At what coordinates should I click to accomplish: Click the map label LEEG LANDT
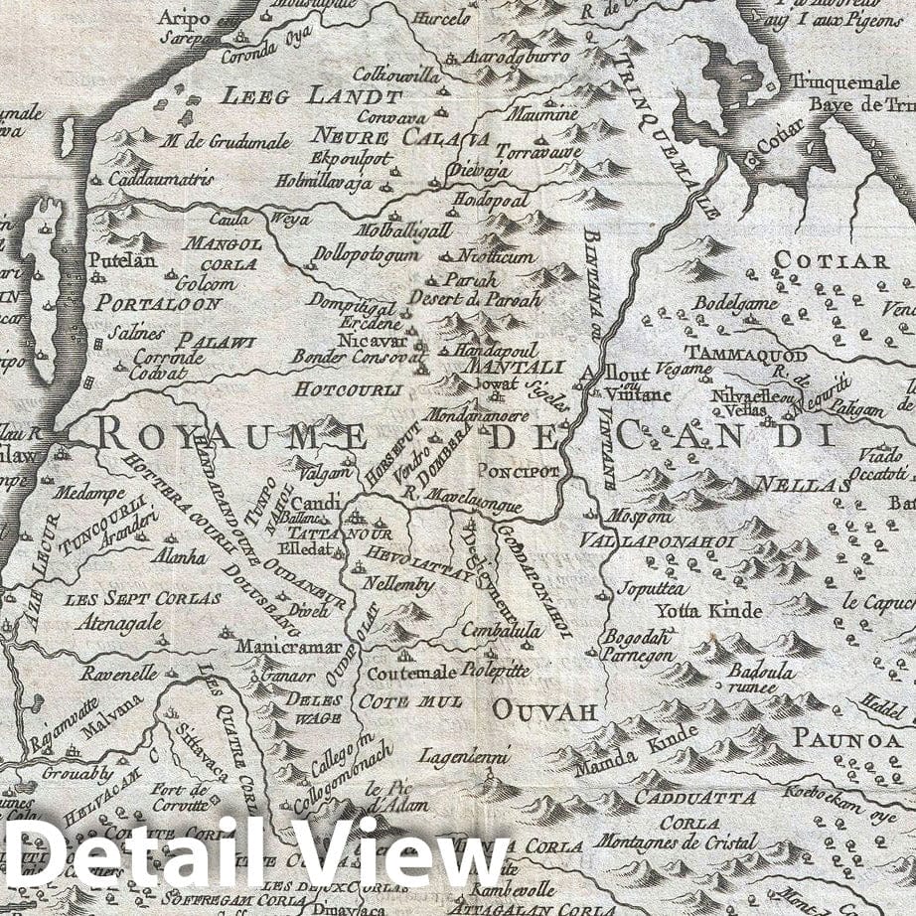point(311,97)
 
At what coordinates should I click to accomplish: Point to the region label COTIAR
point(831,261)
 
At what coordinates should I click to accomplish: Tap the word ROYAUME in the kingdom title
point(232,434)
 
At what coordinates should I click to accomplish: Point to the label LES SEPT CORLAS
point(142,599)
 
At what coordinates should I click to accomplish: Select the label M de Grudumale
point(229,142)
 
